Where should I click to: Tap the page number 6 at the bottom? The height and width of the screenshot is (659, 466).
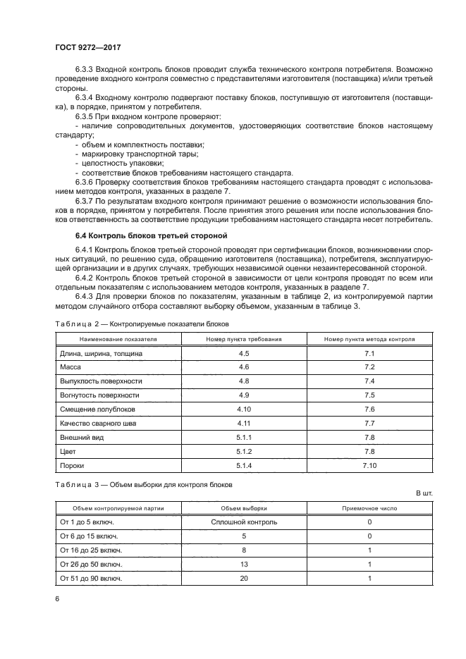[56, 599]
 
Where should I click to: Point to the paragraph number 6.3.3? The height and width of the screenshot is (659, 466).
[85, 72]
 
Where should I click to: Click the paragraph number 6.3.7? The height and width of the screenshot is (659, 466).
[85, 200]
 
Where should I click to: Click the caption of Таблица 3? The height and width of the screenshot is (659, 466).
[143, 484]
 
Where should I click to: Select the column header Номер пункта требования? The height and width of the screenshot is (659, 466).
[244, 339]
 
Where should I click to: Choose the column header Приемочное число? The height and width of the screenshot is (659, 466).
[369, 507]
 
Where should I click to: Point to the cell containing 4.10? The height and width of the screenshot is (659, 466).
[244, 409]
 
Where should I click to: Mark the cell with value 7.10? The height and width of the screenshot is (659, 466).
[369, 466]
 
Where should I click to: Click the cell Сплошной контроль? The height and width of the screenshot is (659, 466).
[244, 522]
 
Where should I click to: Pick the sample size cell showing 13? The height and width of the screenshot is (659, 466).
[244, 564]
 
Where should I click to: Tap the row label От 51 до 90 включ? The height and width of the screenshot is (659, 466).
[92, 578]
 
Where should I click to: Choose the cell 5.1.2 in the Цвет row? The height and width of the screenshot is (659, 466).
[244, 451]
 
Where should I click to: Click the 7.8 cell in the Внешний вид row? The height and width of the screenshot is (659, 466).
[369, 437]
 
